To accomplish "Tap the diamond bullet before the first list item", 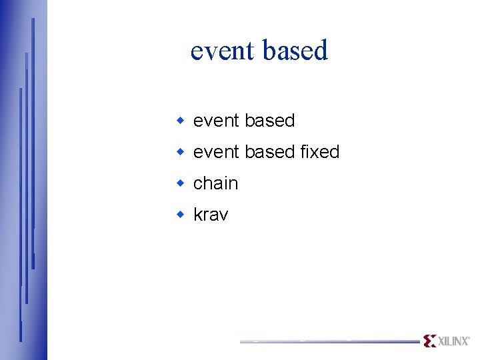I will pyautogui.click(x=179, y=121).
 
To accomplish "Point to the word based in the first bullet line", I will pyautogui.click(x=269, y=121).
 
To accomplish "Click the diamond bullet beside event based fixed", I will pyautogui.click(x=179, y=152).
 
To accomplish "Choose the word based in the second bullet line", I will pyautogui.click(x=269, y=152).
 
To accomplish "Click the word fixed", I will pyautogui.click(x=319, y=152).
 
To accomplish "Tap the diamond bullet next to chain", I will pyautogui.click(x=179, y=183).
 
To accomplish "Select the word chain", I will pyautogui.click(x=215, y=183).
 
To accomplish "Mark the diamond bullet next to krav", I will pyautogui.click(x=179, y=215).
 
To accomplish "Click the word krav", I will pyautogui.click(x=211, y=215).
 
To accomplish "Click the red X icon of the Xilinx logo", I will pyautogui.click(x=429, y=341).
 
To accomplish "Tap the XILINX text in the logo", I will pyautogui.click(x=453, y=341).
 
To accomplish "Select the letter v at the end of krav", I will pyautogui.click(x=223, y=215).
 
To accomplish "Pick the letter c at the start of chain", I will pyautogui.click(x=198, y=184).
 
